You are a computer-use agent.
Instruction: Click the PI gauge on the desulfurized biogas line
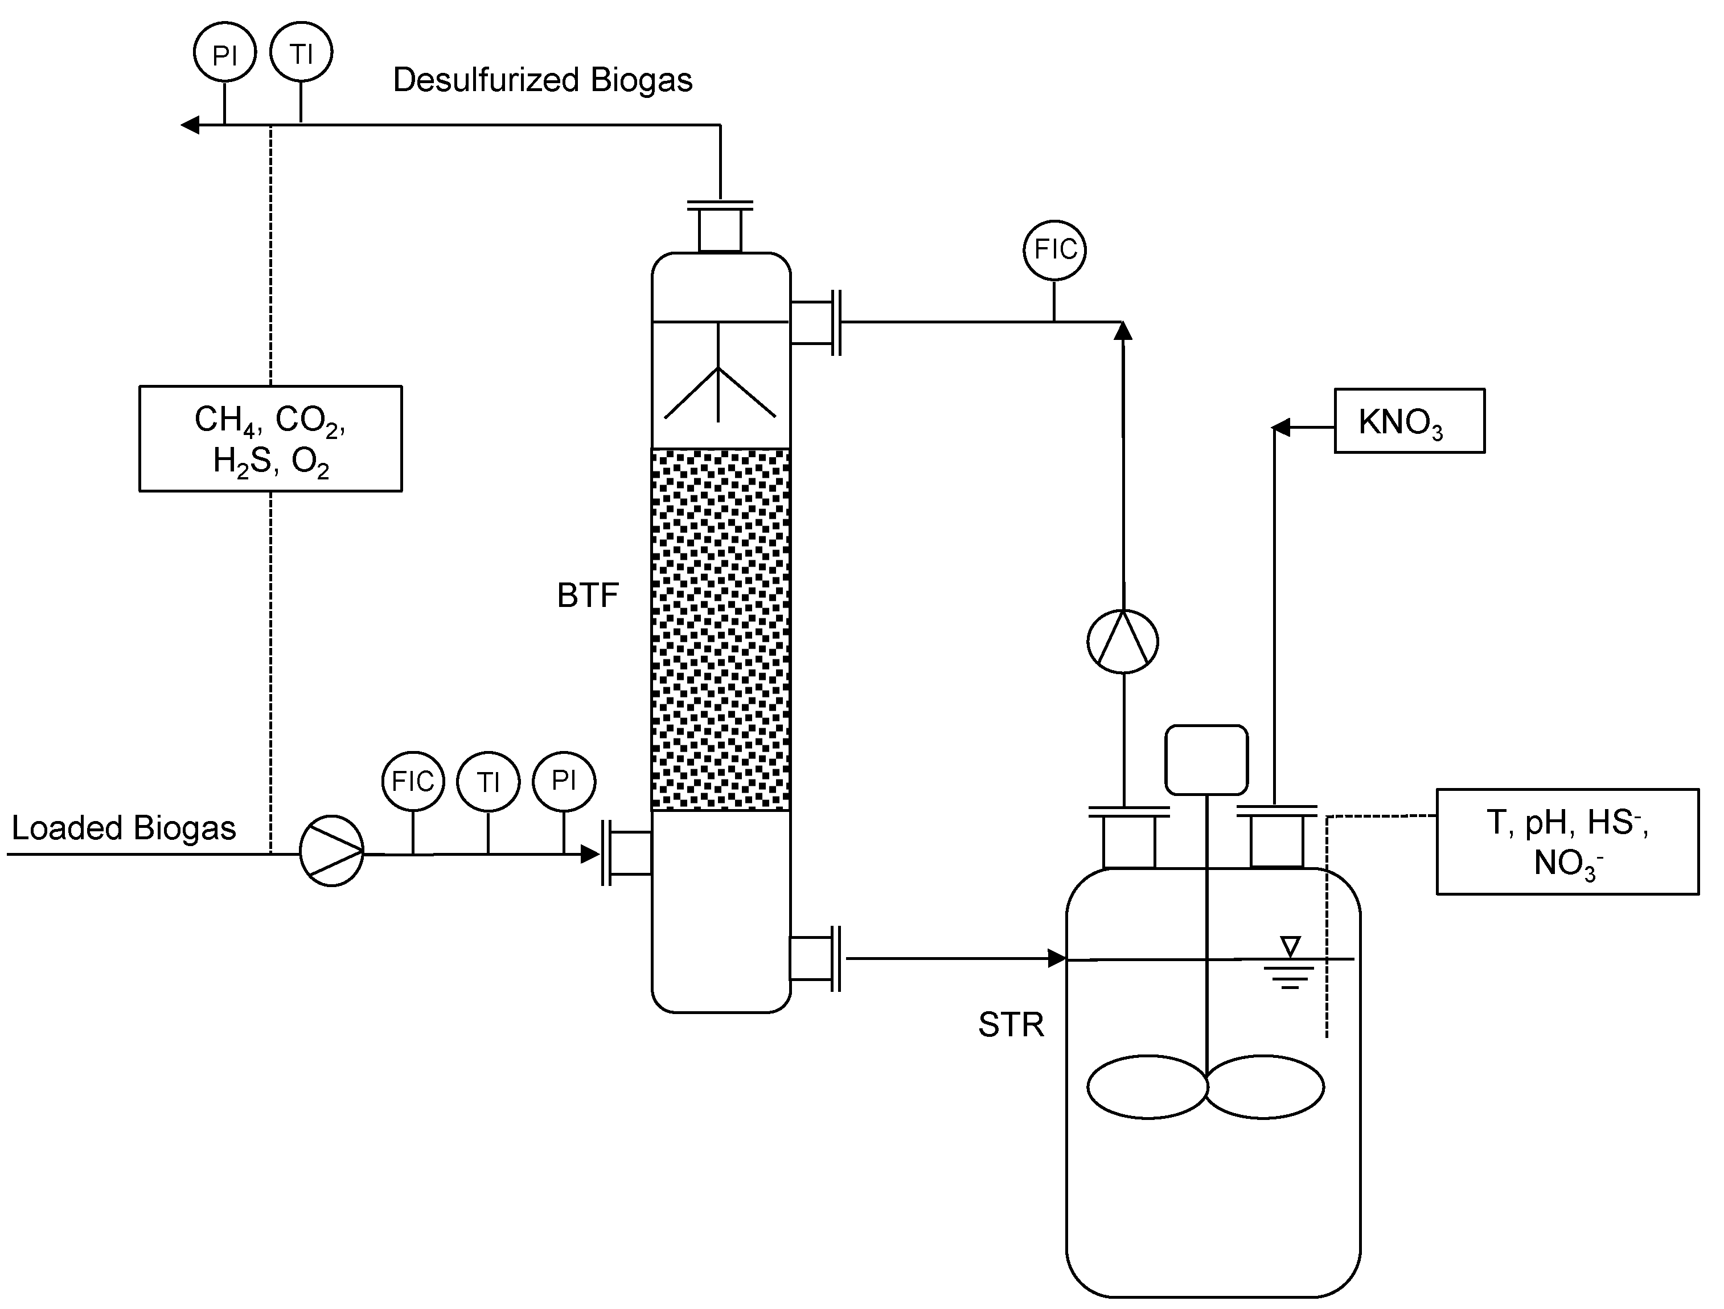224,54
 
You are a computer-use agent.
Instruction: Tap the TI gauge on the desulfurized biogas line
301,52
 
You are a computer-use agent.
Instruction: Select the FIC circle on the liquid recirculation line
1054,249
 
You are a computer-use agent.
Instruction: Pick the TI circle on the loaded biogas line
488,782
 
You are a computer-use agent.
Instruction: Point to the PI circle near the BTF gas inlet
564,781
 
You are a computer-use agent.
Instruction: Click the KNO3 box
1409,421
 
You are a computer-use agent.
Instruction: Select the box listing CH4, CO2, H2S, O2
270,438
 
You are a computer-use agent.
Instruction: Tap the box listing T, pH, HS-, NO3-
1566,842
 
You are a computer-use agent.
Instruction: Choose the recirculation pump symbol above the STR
1122,641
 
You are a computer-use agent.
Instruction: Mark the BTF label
588,596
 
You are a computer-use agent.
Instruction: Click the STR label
1010,1024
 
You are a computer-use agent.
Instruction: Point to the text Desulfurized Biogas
543,80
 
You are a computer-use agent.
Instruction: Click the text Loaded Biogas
123,828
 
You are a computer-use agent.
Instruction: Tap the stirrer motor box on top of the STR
1206,760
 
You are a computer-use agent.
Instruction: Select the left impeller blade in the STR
1147,1087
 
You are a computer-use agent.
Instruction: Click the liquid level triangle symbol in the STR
1290,946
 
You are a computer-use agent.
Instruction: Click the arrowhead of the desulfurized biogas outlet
190,125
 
